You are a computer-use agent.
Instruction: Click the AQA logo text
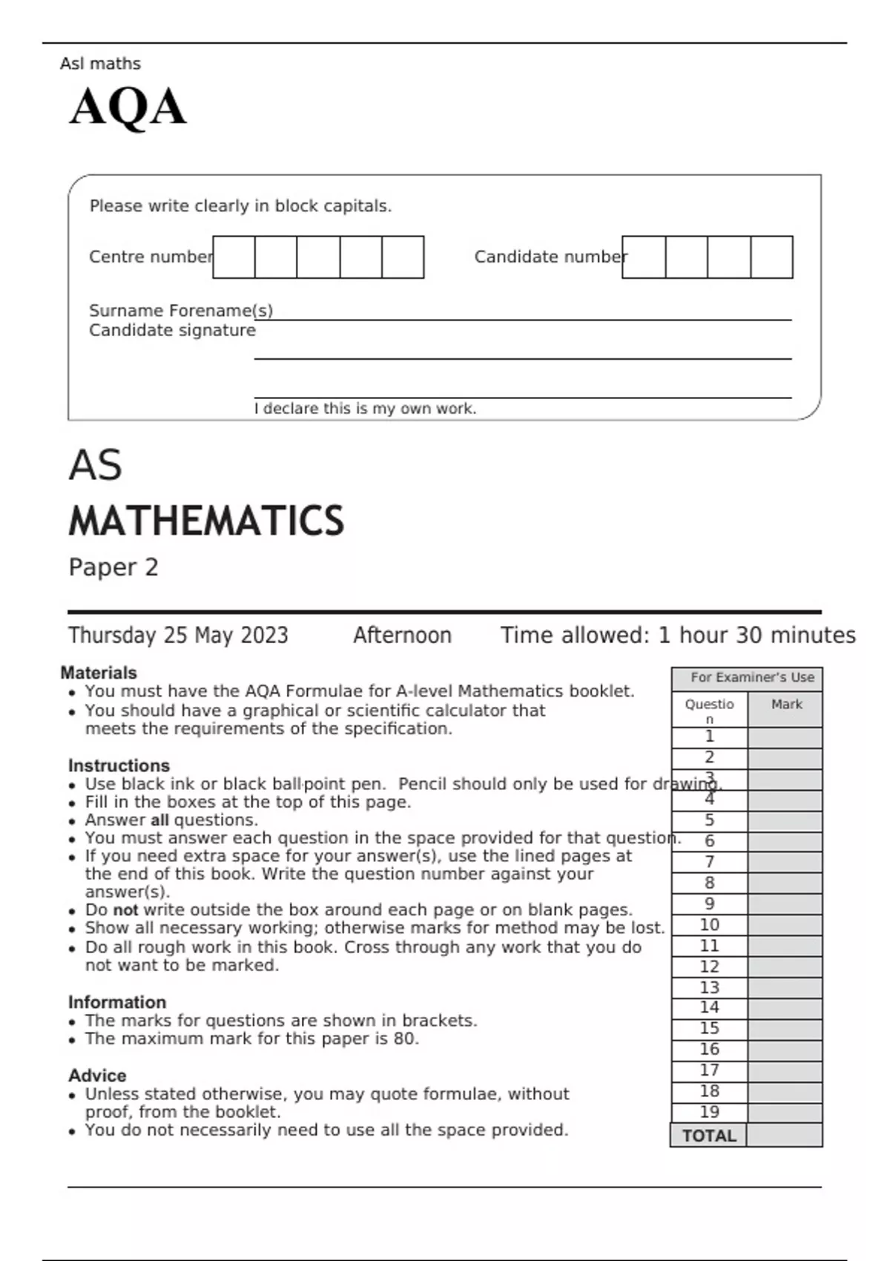pyautogui.click(x=128, y=107)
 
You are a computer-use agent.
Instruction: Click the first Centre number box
pyautogui.click(x=234, y=257)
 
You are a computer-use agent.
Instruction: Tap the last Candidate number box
pyautogui.click(x=771, y=257)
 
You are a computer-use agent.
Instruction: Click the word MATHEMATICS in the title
pyautogui.click(x=206, y=521)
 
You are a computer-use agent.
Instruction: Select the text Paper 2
pyautogui.click(x=113, y=567)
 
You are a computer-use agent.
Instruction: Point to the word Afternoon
pyautogui.click(x=402, y=636)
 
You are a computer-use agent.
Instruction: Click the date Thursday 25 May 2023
pyautogui.click(x=178, y=636)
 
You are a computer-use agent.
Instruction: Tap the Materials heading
pyautogui.click(x=99, y=673)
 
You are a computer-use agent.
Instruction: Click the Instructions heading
pyautogui.click(x=119, y=766)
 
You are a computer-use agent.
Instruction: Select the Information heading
pyautogui.click(x=117, y=1002)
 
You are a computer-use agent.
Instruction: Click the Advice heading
pyautogui.click(x=97, y=1076)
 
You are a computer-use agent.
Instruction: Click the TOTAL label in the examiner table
pyautogui.click(x=709, y=1136)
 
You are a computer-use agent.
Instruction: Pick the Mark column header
pyautogui.click(x=786, y=705)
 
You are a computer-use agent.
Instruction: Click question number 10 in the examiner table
pyautogui.click(x=709, y=925)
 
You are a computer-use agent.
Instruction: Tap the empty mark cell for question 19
pyautogui.click(x=785, y=1113)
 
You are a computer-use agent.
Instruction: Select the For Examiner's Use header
pyautogui.click(x=752, y=677)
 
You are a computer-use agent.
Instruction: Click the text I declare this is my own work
pyautogui.click(x=365, y=409)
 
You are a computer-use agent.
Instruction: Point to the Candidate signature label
pyautogui.click(x=172, y=331)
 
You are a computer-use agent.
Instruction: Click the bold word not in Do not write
pyautogui.click(x=125, y=910)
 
